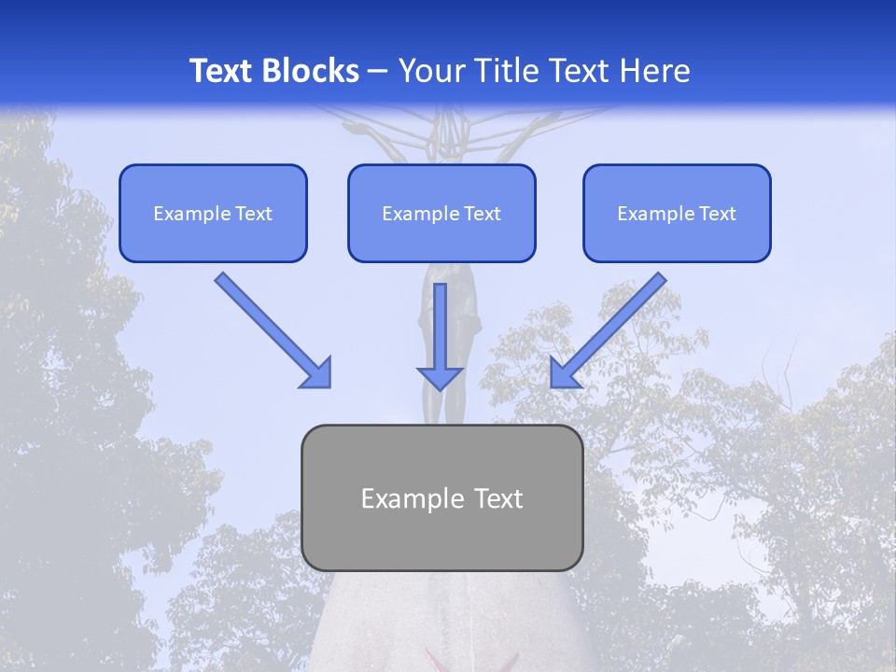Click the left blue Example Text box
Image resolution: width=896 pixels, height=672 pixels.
(x=213, y=213)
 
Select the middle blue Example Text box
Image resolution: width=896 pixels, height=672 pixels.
(x=441, y=213)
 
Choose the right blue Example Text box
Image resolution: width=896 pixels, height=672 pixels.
(x=677, y=213)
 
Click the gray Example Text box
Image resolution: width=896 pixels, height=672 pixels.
(x=441, y=497)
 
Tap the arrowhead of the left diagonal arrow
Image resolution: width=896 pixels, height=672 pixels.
(x=317, y=373)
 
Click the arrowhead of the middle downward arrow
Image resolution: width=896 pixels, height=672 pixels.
(x=441, y=377)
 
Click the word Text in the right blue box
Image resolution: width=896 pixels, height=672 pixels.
(x=717, y=214)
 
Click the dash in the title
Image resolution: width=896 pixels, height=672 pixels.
(x=378, y=71)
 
